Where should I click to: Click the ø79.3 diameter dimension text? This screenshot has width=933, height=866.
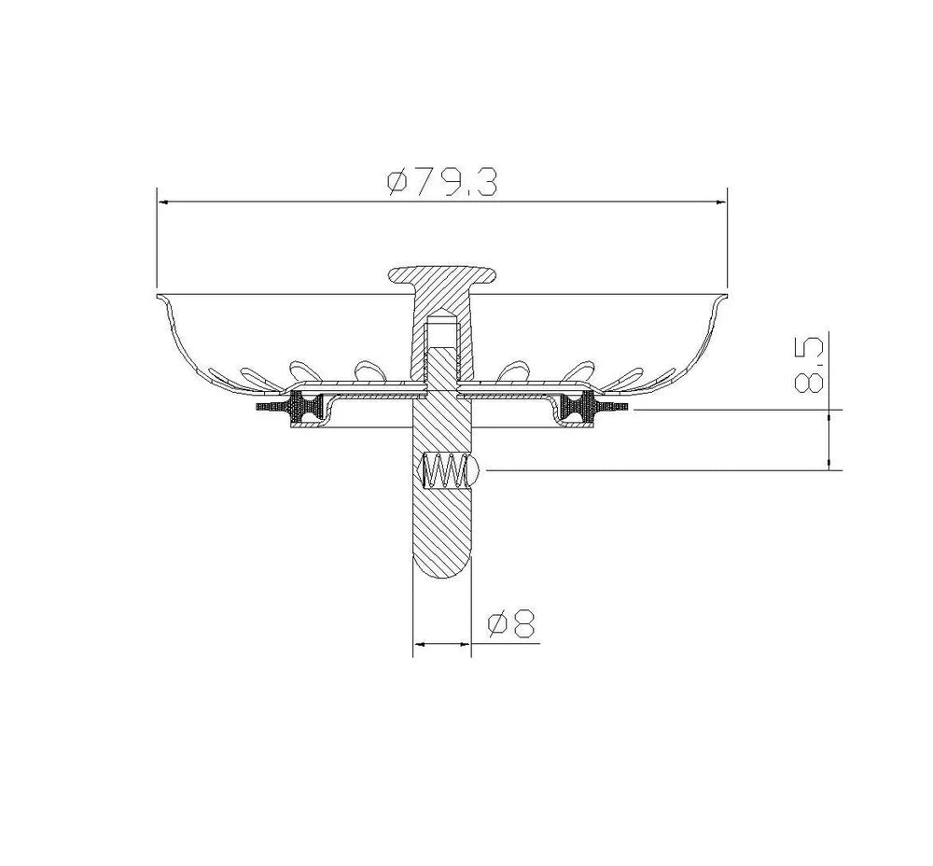441,181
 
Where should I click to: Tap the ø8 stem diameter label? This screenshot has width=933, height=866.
511,623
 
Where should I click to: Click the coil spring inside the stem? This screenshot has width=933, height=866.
444,470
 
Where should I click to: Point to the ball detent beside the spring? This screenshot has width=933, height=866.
474,470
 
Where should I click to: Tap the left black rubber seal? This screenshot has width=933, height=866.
304,408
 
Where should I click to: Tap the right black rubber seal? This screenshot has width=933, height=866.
579,408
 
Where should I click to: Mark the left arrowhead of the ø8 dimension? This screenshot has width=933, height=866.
418,644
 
